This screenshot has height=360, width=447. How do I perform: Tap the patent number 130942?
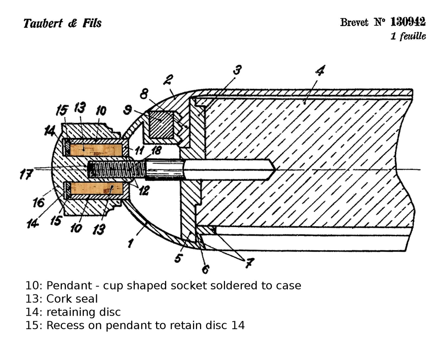(408, 22)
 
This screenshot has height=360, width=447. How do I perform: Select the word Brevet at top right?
(354, 22)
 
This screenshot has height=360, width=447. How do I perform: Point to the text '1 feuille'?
(408, 36)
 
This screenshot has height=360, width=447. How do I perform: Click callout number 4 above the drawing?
(320, 70)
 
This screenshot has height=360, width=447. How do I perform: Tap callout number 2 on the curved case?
(168, 79)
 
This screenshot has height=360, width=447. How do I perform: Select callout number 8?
(143, 94)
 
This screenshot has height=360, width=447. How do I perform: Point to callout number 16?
(38, 202)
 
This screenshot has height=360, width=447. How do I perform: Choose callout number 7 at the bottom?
(249, 263)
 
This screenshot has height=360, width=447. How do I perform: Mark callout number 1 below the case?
(130, 243)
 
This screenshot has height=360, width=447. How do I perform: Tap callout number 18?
(156, 151)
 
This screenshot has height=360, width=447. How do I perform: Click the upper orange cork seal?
(96, 150)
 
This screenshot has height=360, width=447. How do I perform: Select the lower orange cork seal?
(96, 188)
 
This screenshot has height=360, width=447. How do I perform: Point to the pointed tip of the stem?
(271, 170)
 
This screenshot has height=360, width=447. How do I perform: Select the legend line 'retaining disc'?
(83, 312)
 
